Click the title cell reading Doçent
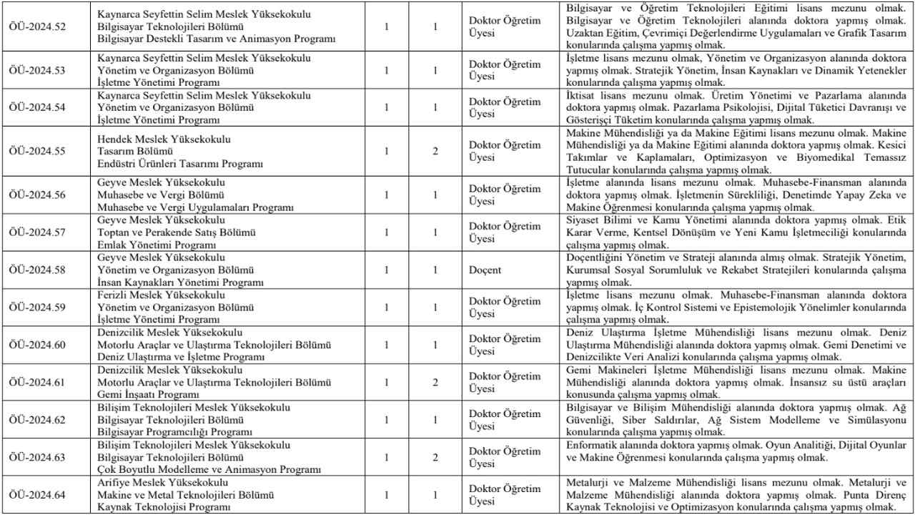tap(485, 270)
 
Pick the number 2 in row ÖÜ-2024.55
tap(435, 152)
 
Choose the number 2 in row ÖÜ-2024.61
tap(435, 383)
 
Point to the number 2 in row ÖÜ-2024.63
tap(435, 457)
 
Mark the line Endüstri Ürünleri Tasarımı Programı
tap(180, 164)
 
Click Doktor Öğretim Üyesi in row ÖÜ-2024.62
tap(505, 420)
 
